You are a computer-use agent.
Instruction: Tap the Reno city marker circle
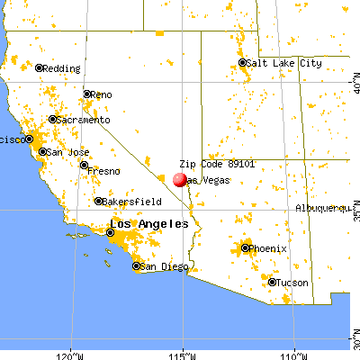click(x=87, y=94)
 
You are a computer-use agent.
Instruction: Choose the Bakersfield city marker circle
click(x=99, y=201)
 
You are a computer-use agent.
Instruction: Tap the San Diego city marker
click(x=136, y=266)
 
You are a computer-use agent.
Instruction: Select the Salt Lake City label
click(x=285, y=63)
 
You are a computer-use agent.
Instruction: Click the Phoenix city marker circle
click(x=245, y=247)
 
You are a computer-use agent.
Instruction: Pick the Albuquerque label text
click(x=322, y=208)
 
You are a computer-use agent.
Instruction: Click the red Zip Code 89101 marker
click(x=180, y=180)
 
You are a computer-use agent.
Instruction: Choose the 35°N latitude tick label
click(x=355, y=216)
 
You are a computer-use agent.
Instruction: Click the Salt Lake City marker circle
click(x=243, y=63)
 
